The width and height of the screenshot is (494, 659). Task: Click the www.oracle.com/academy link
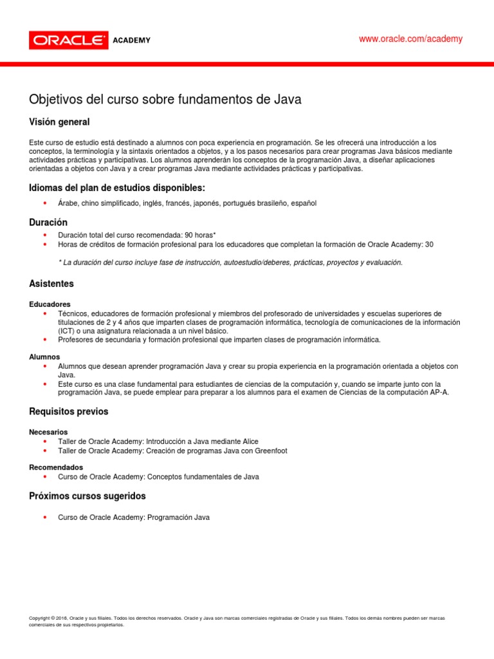point(410,39)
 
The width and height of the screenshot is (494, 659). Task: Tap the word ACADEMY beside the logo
point(132,41)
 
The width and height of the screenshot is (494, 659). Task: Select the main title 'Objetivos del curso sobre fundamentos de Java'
point(165,100)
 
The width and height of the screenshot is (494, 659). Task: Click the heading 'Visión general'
point(60,122)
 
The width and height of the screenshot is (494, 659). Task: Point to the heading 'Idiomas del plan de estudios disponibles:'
point(117,188)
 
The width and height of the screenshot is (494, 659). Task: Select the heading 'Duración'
point(48,221)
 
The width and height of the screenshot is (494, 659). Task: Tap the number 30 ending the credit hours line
point(430,245)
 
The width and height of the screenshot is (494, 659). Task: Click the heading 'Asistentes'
point(51,283)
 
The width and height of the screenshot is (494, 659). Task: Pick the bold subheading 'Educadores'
point(50,304)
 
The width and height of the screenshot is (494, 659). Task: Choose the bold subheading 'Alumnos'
point(44,357)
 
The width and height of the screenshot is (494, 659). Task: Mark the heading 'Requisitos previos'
point(69,411)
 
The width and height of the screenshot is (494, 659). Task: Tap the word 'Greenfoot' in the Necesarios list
point(270,450)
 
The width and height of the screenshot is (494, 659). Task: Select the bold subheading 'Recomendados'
point(56,467)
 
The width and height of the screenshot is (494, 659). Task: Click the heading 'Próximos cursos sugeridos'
point(87,496)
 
